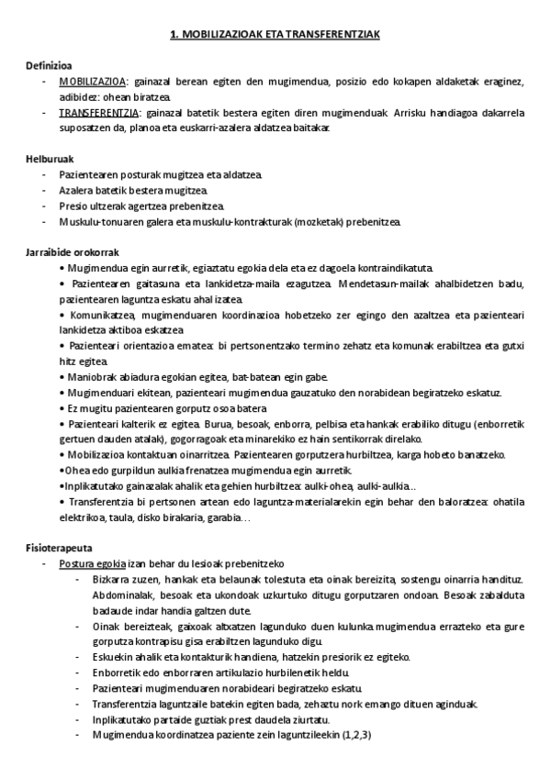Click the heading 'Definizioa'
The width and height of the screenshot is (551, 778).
coord(50,64)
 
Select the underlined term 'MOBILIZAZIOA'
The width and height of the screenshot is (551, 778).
coord(90,81)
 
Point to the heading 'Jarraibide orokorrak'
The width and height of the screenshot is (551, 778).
coord(72,251)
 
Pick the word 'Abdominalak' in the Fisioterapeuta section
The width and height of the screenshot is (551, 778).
coord(123,594)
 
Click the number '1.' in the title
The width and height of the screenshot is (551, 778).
coord(175,34)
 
